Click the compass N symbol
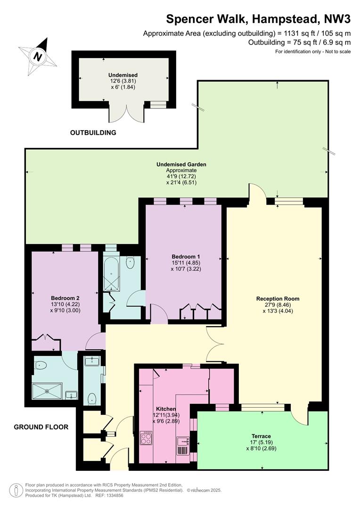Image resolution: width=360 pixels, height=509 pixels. (38, 57)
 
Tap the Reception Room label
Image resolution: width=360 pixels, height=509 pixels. (278, 299)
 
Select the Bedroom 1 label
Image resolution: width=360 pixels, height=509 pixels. (184, 256)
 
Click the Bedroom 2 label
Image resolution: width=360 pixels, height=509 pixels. (65, 298)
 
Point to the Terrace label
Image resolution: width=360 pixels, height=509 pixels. (261, 436)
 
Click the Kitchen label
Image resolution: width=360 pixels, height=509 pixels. (166, 409)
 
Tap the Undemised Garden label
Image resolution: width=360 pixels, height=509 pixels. (181, 164)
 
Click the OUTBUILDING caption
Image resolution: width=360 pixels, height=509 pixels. (93, 132)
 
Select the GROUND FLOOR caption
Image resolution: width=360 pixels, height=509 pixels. (41, 427)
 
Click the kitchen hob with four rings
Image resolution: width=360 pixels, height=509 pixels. (146, 438)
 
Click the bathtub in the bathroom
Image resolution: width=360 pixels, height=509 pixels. (111, 274)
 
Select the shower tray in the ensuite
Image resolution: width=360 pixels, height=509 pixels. (47, 391)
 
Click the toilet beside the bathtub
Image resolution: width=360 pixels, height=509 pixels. (130, 263)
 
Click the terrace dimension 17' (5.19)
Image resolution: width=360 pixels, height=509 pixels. (262, 443)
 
